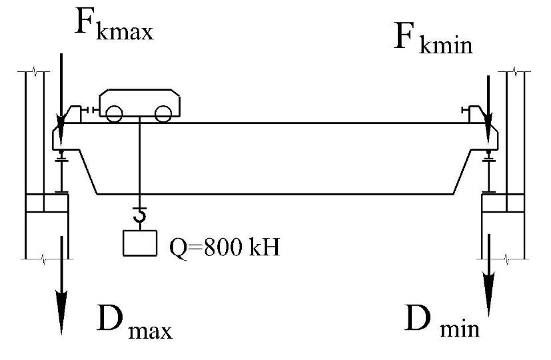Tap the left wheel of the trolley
[x=113, y=115]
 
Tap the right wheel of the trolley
[x=162, y=115]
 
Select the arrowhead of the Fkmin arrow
[x=489, y=125]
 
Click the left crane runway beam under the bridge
[x=61, y=174]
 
